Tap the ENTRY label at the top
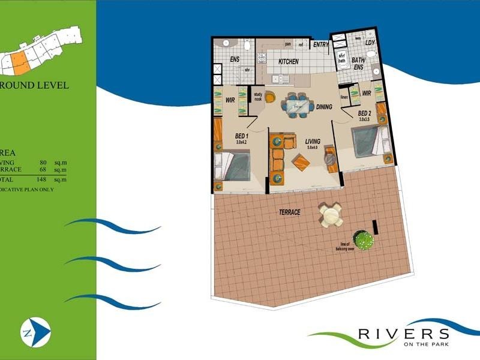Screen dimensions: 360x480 pos(321,44)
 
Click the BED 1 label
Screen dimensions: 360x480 pos(243,136)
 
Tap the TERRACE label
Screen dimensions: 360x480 pos(289,212)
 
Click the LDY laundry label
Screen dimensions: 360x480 pos(370,43)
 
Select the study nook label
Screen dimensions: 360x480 pos(259,97)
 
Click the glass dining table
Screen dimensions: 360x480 pos(298,106)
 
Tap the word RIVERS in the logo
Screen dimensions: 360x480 pos(403,334)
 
